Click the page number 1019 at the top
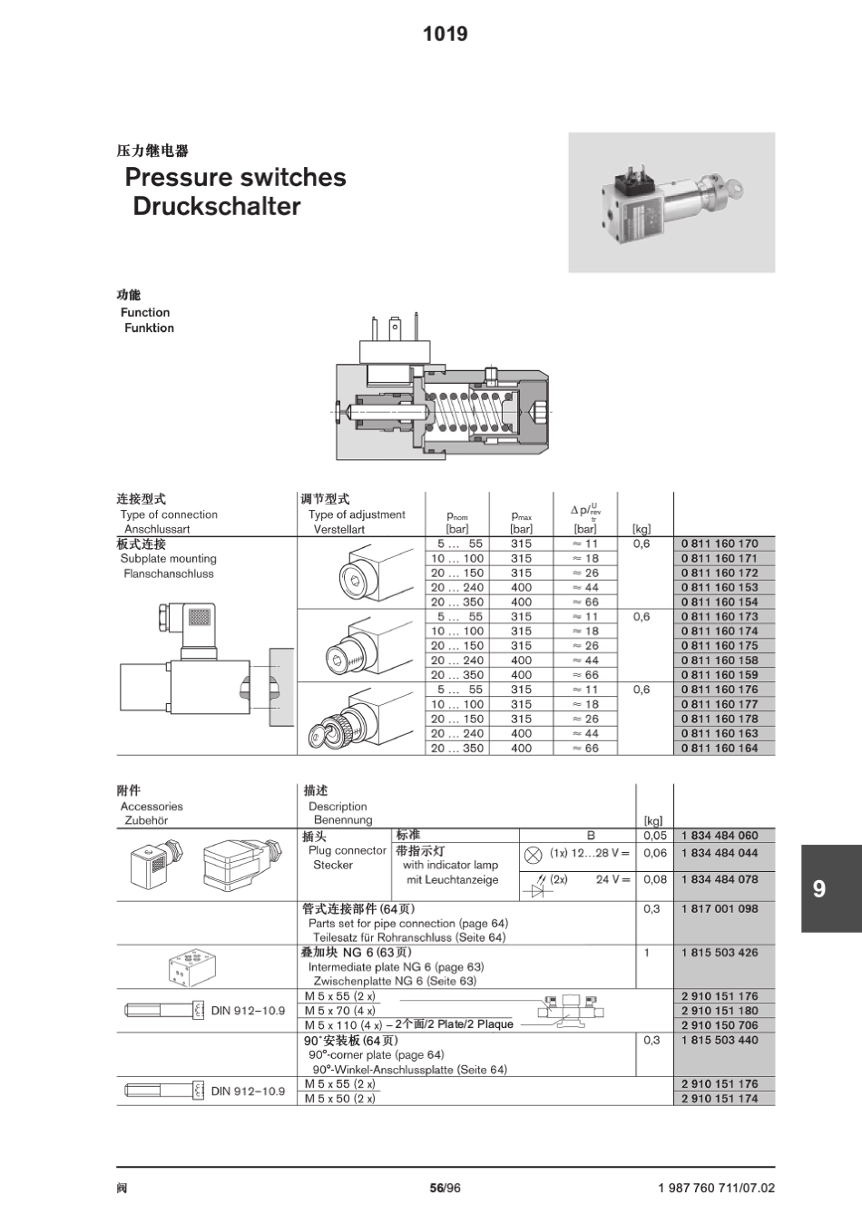pyautogui.click(x=445, y=34)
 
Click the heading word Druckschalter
pyautogui.click(x=216, y=206)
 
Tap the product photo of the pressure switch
pyautogui.click(x=671, y=202)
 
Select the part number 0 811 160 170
pyautogui.click(x=720, y=543)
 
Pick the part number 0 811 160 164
pyautogui.click(x=720, y=749)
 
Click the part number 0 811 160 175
pyautogui.click(x=720, y=646)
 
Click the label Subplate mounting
pyautogui.click(x=169, y=559)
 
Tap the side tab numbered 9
pyautogui.click(x=819, y=888)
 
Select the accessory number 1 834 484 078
pyautogui.click(x=720, y=879)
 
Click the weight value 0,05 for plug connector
pyautogui.click(x=654, y=836)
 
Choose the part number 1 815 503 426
pyautogui.click(x=720, y=953)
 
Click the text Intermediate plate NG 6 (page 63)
pyautogui.click(x=397, y=967)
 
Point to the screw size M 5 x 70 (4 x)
pyautogui.click(x=340, y=1010)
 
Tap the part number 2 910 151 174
pyautogui.click(x=720, y=1099)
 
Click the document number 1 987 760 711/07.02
pyautogui.click(x=716, y=1189)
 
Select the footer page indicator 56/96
pyautogui.click(x=445, y=1189)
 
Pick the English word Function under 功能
pyautogui.click(x=145, y=312)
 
